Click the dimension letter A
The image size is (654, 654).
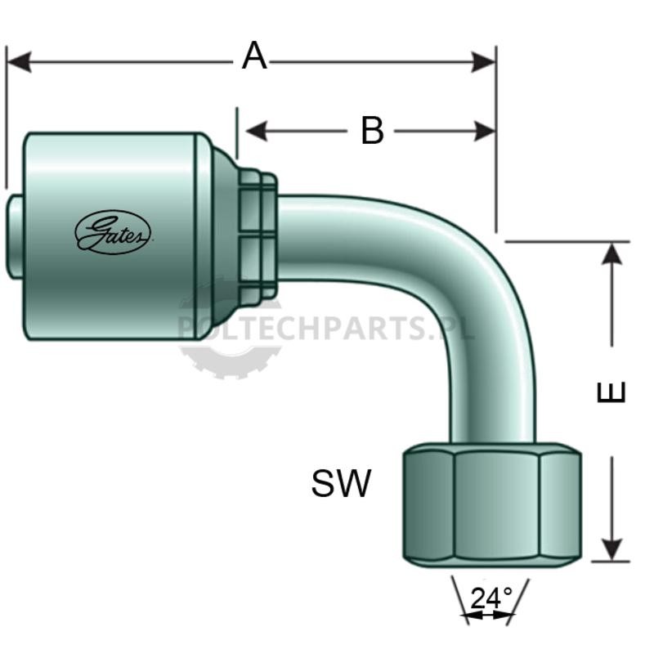click(x=254, y=56)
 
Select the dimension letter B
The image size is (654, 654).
click(x=372, y=131)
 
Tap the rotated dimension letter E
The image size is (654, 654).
click(x=611, y=392)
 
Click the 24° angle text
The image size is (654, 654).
click(x=491, y=598)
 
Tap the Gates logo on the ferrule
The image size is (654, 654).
click(x=113, y=232)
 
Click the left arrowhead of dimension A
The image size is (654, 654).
click(x=19, y=62)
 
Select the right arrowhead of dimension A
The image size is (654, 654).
click(x=483, y=62)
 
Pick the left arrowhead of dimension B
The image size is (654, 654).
click(x=257, y=131)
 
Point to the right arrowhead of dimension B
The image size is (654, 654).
click(x=485, y=131)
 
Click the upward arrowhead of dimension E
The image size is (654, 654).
click(x=611, y=253)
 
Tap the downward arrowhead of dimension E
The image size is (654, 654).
click(x=611, y=549)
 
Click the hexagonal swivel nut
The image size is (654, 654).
click(x=492, y=505)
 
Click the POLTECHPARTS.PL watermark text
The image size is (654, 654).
click(x=326, y=328)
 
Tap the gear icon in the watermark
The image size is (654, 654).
click(x=230, y=329)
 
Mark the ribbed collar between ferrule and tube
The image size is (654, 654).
click(x=258, y=235)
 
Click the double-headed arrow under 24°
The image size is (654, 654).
click(x=488, y=615)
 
